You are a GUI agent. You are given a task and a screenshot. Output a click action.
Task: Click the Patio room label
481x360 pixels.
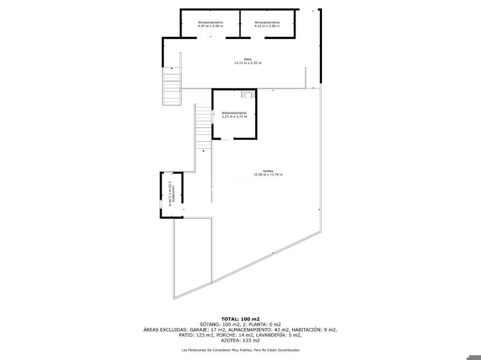[x=239, y=59]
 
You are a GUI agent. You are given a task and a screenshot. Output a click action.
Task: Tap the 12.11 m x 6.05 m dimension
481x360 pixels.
[x=248, y=63]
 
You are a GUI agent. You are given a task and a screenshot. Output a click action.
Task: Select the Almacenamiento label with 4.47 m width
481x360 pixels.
[x=210, y=22]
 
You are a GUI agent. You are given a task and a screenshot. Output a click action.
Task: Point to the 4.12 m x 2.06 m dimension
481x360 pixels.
[x=267, y=27]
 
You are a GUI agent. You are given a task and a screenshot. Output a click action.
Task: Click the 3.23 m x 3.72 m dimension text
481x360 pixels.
[x=234, y=117]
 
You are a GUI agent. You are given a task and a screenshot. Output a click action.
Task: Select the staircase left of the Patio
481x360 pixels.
[x=171, y=87]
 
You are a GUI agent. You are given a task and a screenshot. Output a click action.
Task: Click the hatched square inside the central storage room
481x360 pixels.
[x=247, y=95]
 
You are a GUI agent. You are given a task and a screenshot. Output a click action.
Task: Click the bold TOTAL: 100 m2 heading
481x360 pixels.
[x=241, y=319]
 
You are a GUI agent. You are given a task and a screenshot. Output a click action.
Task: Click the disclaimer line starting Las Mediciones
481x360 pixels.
[x=240, y=350]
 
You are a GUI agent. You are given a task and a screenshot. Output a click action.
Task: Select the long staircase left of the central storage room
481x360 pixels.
[x=203, y=126]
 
